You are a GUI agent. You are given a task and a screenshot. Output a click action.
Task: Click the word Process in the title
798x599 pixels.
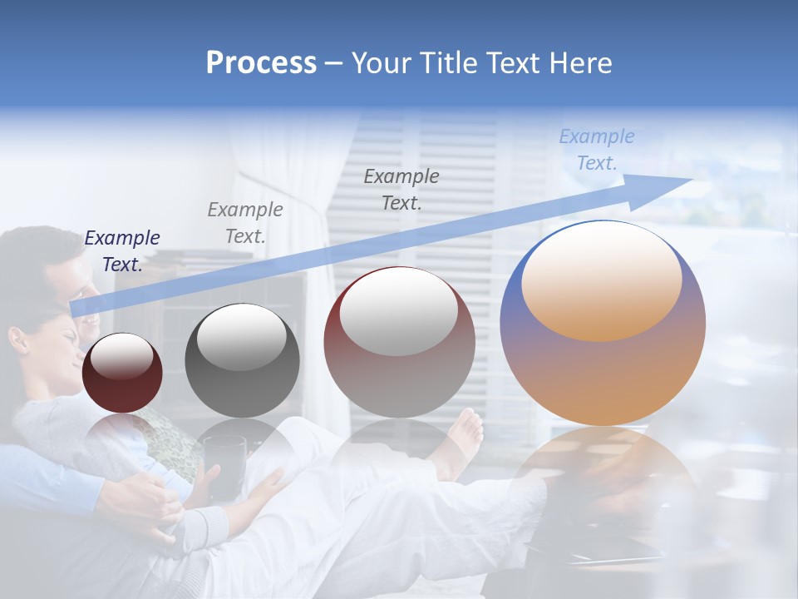coord(261,63)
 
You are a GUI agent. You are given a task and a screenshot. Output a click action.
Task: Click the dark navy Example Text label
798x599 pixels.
coord(122,251)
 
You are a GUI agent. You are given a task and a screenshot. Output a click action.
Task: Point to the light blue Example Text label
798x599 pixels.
coord(596,150)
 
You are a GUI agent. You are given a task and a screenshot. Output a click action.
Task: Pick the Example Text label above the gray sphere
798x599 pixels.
coord(245,223)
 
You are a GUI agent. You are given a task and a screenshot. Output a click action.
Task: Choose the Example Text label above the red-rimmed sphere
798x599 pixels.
coord(401,189)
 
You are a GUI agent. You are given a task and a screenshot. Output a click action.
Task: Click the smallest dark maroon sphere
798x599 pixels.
coord(122,374)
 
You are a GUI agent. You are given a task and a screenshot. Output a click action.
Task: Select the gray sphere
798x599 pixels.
coord(241,360)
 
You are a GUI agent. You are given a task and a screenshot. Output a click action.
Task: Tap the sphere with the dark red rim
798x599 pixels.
coord(399,343)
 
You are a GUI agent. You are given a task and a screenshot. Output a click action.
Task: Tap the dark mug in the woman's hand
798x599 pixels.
coord(224,466)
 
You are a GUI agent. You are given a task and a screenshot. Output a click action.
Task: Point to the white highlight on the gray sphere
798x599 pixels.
coord(241,337)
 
